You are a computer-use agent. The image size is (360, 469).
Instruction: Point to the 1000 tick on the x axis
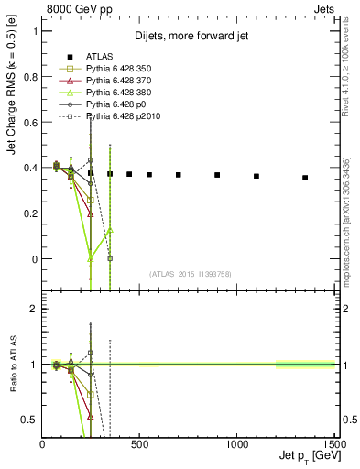click(237, 444)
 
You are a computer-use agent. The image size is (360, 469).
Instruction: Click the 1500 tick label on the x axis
click(333, 444)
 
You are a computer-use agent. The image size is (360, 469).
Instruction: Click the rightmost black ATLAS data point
click(305, 178)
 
